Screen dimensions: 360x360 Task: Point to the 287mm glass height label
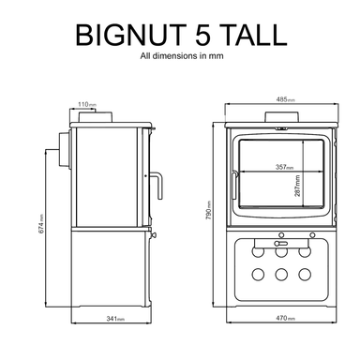coord(296,182)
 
